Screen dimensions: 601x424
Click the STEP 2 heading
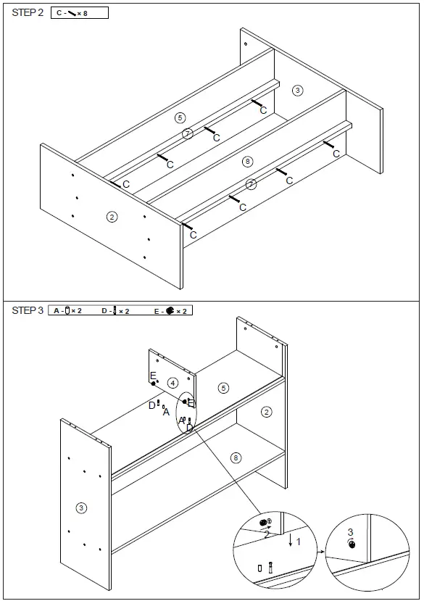pyautogui.click(x=28, y=13)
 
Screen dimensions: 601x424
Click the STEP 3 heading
pyautogui.click(x=28, y=310)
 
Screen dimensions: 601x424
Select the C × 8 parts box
pyautogui.click(x=80, y=13)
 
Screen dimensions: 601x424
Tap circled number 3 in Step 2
pyautogui.click(x=297, y=90)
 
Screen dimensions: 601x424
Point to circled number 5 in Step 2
pyautogui.click(x=180, y=117)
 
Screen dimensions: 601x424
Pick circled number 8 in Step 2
pyautogui.click(x=248, y=161)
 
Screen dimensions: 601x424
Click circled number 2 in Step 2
pyautogui.click(x=112, y=216)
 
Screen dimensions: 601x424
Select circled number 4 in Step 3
pyautogui.click(x=172, y=382)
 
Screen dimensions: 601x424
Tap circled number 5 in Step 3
pyautogui.click(x=223, y=389)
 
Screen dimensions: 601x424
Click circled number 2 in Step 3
pyautogui.click(x=266, y=412)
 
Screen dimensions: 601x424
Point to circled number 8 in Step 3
pyautogui.click(x=235, y=457)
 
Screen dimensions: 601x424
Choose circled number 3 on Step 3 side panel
pyautogui.click(x=81, y=507)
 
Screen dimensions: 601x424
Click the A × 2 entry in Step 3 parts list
pyautogui.click(x=68, y=311)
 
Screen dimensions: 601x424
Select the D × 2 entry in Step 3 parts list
pyautogui.click(x=115, y=311)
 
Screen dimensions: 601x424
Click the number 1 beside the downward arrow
pyautogui.click(x=299, y=540)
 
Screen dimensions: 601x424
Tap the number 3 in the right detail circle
pyautogui.click(x=350, y=532)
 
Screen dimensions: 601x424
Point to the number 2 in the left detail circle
pyautogui.click(x=266, y=534)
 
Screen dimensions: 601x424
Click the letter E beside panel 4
pyautogui.click(x=153, y=376)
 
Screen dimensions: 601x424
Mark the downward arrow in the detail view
pyautogui.click(x=290, y=540)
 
